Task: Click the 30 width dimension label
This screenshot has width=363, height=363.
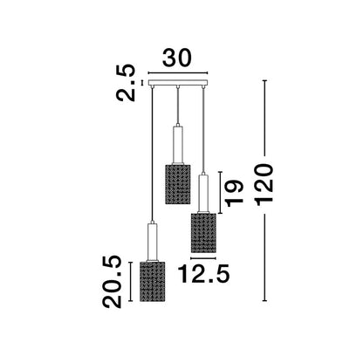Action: [177, 58]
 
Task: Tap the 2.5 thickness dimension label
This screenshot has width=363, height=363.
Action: [126, 83]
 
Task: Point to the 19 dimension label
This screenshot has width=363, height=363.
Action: [235, 194]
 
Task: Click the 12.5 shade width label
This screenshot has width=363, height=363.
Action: [204, 274]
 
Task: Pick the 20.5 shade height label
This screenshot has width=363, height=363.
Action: [112, 282]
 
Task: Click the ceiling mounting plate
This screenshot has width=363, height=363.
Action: [178, 83]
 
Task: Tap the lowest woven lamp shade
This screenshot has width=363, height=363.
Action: [153, 282]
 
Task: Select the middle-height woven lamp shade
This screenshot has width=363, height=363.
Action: [203, 233]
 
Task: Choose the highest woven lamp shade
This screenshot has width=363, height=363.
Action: [178, 184]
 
